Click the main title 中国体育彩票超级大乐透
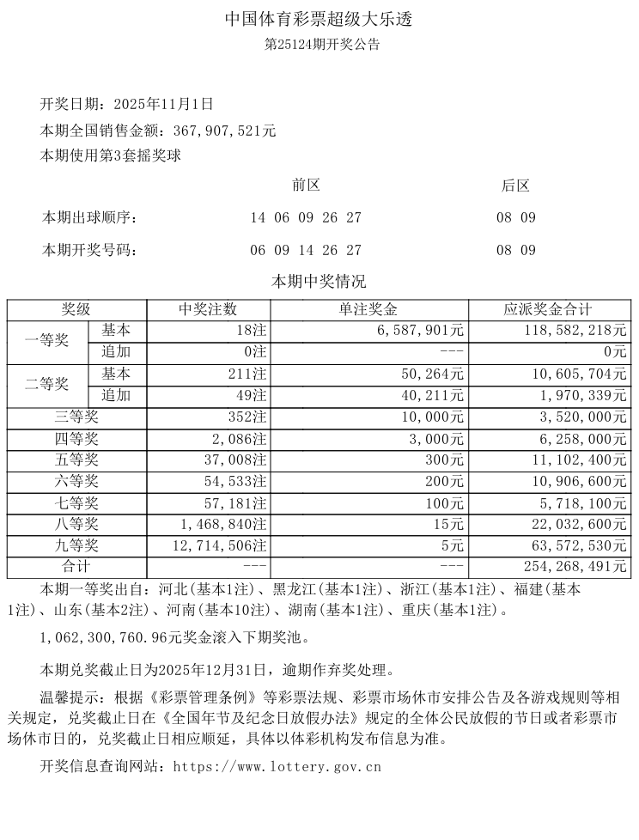point(319,19)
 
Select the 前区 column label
point(306,186)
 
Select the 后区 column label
point(515,186)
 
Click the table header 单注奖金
point(369,310)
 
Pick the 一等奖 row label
point(47,341)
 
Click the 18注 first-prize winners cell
point(251,331)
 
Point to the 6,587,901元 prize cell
point(420,331)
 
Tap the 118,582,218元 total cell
point(575,331)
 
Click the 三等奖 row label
point(77,417)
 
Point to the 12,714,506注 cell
point(219,546)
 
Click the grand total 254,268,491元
point(575,568)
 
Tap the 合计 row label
point(77,568)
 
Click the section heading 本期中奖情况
point(319,282)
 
